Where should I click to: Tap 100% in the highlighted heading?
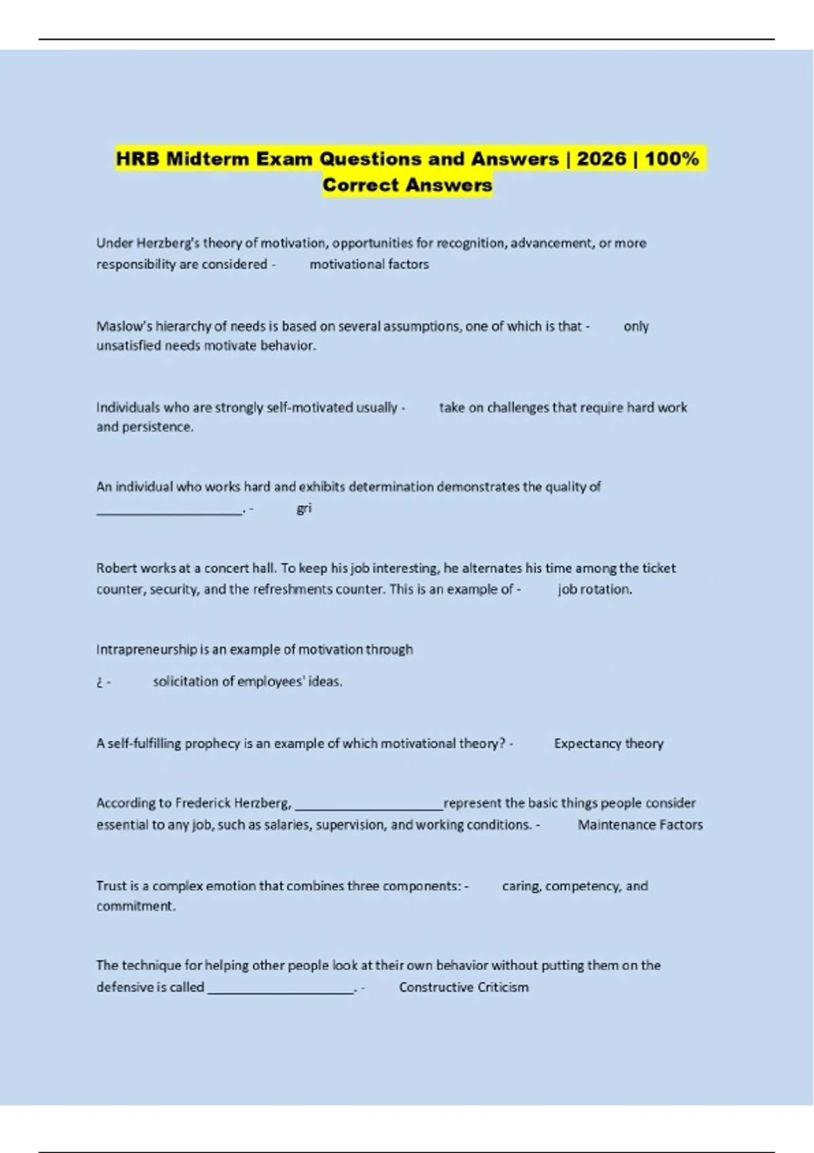[x=672, y=159]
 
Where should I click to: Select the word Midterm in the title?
[x=208, y=159]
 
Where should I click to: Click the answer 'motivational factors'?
[x=369, y=265]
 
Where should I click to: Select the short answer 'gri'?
[x=304, y=508]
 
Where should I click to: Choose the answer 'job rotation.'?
[x=595, y=589]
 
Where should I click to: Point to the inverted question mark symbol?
[x=99, y=682]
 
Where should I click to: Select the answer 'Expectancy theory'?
[x=608, y=744]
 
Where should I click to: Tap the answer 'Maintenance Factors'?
[x=640, y=825]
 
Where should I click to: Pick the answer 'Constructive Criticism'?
[x=463, y=988]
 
